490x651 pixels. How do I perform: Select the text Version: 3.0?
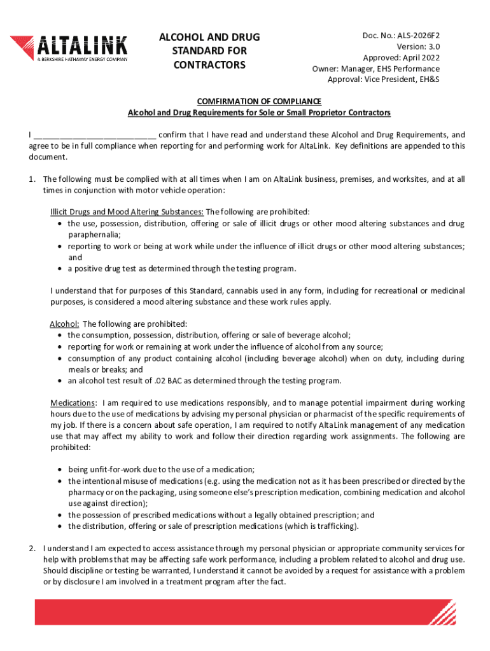pos(417,47)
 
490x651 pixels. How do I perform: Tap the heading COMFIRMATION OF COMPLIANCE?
pos(259,102)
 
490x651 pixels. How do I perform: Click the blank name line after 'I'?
pos(94,135)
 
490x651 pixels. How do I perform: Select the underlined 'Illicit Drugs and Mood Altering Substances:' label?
pos(127,212)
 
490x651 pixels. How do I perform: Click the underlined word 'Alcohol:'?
pos(64,324)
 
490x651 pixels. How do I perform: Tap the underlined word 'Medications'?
pos(73,403)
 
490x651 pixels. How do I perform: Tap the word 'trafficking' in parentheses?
pos(333,526)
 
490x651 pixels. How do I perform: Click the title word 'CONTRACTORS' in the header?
pos(209,65)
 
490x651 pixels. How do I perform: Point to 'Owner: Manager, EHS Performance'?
pos(375,69)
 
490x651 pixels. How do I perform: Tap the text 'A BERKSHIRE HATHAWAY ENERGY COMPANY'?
pos(81,60)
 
